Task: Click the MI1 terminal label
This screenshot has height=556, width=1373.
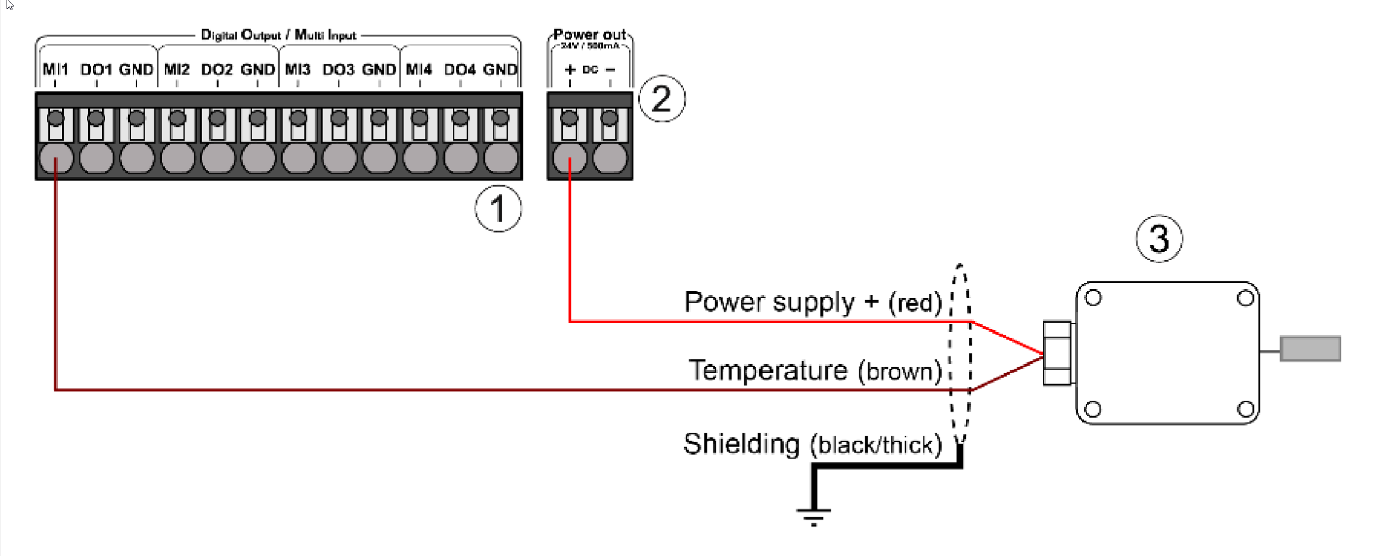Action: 55,70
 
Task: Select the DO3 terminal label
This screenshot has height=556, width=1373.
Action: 338,70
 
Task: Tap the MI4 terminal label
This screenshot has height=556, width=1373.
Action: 419,70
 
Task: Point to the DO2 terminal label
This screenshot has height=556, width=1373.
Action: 217,70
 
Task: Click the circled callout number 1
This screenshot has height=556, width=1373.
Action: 498,209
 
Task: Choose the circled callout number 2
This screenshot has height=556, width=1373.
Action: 661,98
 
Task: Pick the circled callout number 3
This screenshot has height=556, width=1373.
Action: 1159,238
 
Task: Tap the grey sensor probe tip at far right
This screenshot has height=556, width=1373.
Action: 1310,349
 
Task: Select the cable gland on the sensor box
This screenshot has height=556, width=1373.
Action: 1058,353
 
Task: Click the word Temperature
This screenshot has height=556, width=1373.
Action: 768,370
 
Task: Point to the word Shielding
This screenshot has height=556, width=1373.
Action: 741,444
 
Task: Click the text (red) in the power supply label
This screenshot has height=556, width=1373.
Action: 915,303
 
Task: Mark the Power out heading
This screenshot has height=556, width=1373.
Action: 589,34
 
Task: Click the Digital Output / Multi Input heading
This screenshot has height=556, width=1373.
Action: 278,35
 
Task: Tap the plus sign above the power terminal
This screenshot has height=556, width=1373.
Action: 570,70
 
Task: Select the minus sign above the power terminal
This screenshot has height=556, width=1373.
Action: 610,70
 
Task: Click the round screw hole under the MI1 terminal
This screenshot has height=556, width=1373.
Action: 56,159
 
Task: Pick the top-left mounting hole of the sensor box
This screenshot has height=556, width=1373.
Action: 1094,297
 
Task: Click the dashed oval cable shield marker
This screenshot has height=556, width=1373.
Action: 959,352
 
